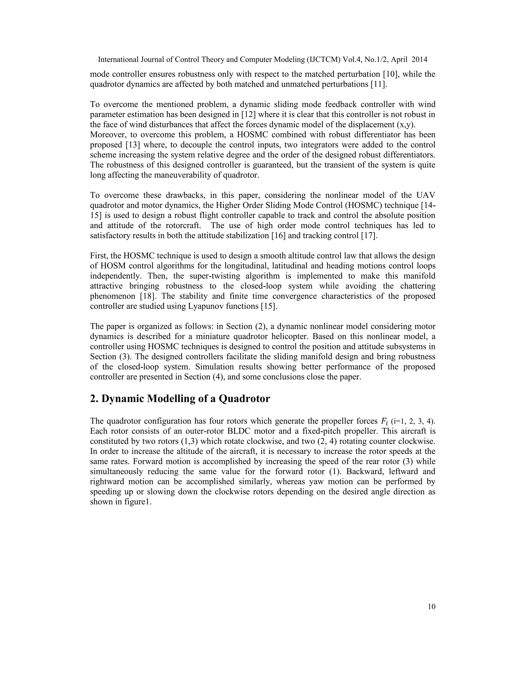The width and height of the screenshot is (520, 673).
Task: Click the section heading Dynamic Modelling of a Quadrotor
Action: [180, 398]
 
